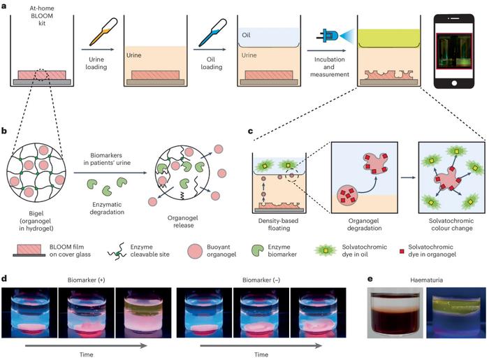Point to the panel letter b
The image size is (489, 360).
coord(6,130)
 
